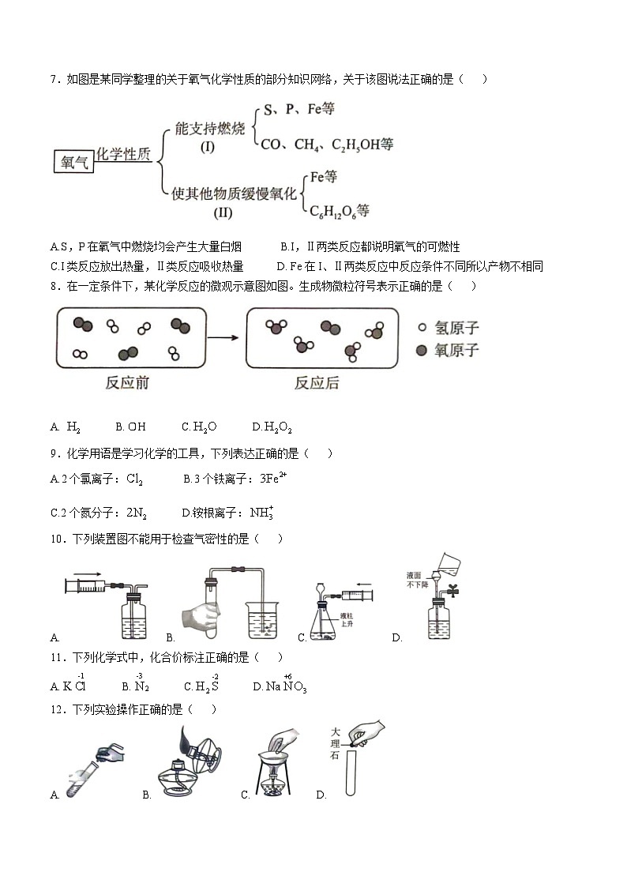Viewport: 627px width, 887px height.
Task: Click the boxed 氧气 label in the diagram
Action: point(73,162)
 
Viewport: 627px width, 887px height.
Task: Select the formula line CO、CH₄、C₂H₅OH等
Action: point(327,145)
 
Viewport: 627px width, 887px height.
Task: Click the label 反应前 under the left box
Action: point(127,383)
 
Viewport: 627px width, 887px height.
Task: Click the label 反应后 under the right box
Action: point(317,383)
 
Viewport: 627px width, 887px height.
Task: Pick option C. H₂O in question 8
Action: point(200,427)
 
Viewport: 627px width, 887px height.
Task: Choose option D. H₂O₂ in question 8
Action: point(272,427)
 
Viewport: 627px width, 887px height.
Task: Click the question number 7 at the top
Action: point(54,79)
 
